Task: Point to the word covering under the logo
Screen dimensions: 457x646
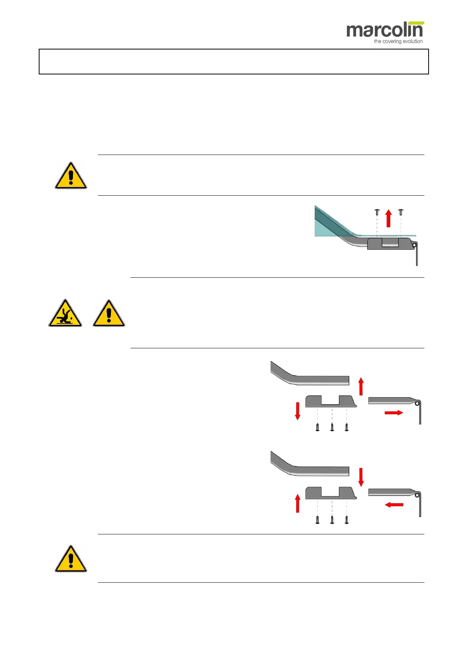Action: (x=390, y=41)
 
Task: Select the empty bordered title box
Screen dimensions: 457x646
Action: (x=233, y=61)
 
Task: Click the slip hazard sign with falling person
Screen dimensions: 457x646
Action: (x=65, y=314)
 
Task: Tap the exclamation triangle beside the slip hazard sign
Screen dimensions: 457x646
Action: (x=109, y=314)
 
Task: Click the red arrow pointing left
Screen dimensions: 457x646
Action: (x=394, y=505)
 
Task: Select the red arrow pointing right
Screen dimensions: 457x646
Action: (x=394, y=412)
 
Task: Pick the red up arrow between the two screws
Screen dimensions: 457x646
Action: (x=388, y=218)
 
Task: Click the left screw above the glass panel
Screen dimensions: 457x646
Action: (x=377, y=212)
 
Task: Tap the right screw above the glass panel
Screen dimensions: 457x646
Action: (x=401, y=212)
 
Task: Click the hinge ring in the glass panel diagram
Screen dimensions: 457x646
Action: (x=414, y=246)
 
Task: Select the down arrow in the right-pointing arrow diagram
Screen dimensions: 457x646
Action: (x=297, y=411)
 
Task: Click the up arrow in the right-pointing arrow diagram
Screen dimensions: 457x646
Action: (x=361, y=386)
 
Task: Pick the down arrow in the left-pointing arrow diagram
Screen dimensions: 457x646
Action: (x=361, y=477)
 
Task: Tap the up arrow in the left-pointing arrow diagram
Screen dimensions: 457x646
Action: (x=297, y=503)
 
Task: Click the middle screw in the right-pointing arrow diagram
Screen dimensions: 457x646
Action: (x=332, y=427)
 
